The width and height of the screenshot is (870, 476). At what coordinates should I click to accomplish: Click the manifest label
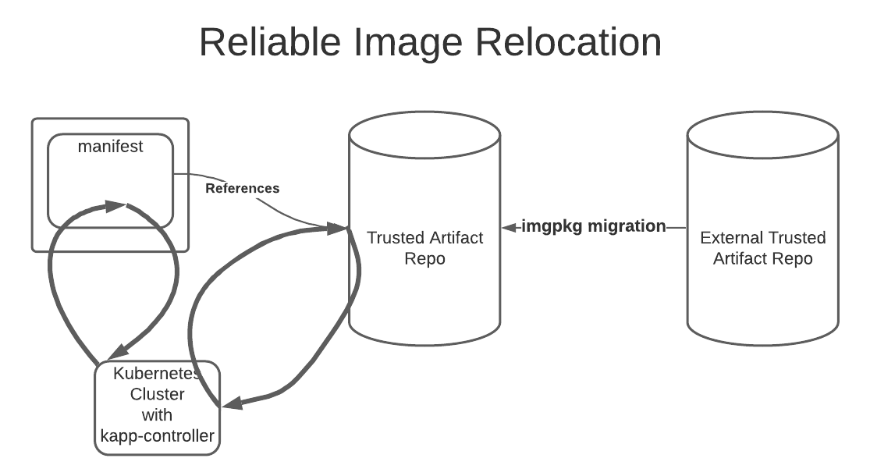[x=111, y=147]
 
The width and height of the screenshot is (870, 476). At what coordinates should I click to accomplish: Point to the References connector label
[x=242, y=188]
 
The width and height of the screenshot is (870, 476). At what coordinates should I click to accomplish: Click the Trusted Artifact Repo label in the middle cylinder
[x=424, y=247]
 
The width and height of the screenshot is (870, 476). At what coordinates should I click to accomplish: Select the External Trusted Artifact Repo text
[x=762, y=248]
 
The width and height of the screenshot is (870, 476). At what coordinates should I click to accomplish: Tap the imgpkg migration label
[x=594, y=226]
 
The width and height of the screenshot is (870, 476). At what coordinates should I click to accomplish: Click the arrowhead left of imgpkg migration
[x=510, y=227]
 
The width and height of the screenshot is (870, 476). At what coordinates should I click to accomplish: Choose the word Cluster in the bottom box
[x=157, y=394]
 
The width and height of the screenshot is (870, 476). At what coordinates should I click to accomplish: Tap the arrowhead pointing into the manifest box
[x=116, y=206]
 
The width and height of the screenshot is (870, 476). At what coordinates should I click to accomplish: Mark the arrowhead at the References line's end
[x=337, y=228]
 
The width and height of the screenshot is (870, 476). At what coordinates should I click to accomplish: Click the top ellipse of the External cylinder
[x=762, y=133]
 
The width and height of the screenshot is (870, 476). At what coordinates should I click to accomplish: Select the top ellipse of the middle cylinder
[x=424, y=133]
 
